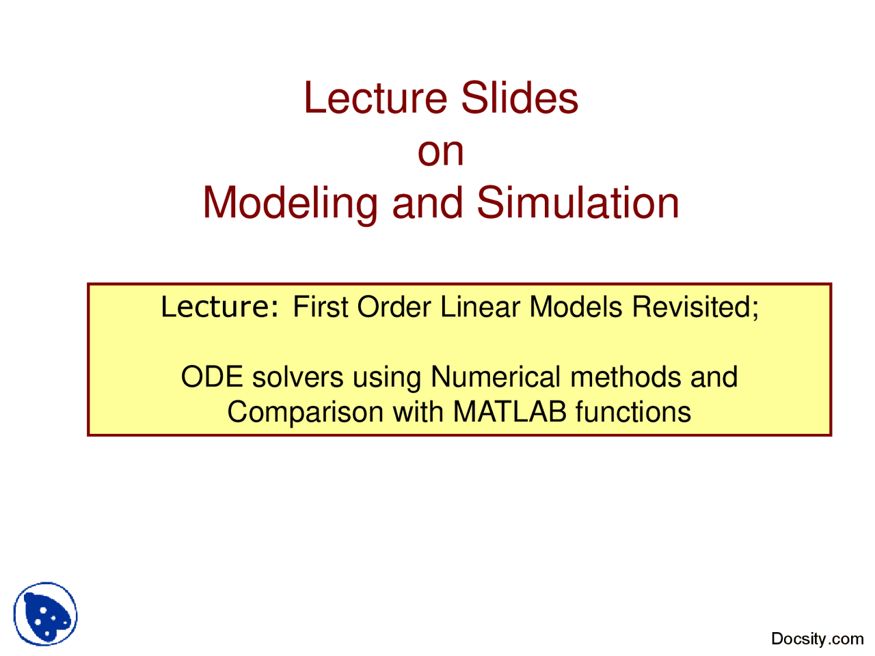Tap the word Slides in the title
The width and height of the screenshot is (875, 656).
tap(520, 98)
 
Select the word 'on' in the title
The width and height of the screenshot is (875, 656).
tap(441, 151)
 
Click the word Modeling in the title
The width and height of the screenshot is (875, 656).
tap(290, 204)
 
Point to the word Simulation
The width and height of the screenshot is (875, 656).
tap(578, 203)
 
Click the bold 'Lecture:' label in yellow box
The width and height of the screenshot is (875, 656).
tap(219, 307)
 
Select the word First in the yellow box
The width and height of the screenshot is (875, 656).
tap(321, 307)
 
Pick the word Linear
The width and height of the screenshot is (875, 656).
tap(480, 307)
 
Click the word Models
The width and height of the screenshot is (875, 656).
tap(576, 307)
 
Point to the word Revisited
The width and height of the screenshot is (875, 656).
tap(693, 307)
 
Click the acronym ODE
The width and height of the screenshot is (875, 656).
tap(212, 377)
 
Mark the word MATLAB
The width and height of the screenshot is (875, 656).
tap(509, 413)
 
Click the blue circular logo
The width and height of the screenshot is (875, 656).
tap(46, 614)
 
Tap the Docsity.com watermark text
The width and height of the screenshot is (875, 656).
tap(817, 639)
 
